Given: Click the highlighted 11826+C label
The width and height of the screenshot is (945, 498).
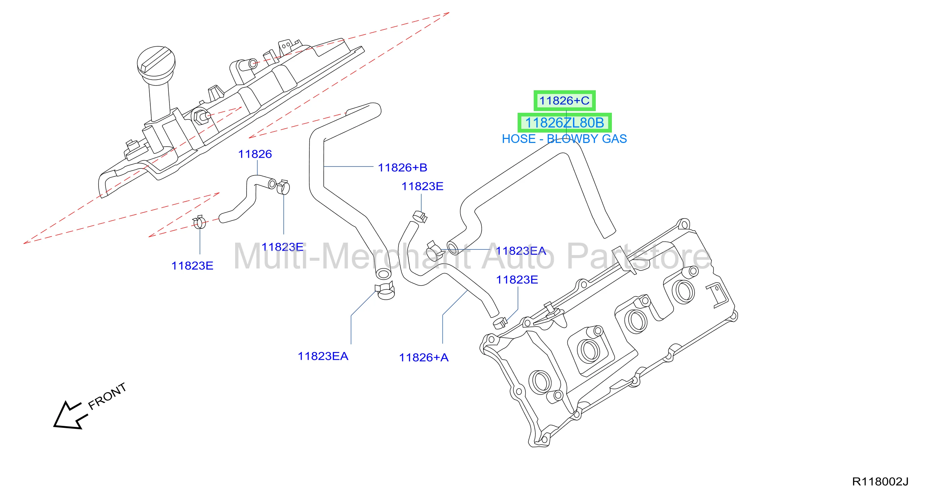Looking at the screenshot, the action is (564, 101).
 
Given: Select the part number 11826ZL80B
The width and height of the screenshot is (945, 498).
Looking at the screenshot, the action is (565, 122).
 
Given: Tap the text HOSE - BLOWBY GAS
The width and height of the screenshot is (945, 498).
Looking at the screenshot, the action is (564, 139).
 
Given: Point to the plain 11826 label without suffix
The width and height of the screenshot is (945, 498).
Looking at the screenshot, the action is (255, 154).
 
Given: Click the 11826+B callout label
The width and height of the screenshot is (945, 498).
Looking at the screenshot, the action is (403, 167).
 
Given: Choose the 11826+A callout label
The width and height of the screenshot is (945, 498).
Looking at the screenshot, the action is (424, 357).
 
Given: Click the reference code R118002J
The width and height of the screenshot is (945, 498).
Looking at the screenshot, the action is (880, 482).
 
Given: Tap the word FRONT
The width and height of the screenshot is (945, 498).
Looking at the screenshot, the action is (107, 396).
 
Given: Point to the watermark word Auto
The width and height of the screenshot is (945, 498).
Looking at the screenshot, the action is (518, 256).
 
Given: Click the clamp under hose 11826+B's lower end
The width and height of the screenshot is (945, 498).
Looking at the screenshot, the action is (385, 290).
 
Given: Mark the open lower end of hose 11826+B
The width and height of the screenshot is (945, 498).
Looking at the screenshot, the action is (383, 274).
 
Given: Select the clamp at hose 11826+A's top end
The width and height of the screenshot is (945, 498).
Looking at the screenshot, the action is (420, 216).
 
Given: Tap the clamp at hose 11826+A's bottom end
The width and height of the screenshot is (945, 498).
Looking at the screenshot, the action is (499, 322).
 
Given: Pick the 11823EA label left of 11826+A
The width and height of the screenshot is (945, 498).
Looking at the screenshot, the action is (323, 356).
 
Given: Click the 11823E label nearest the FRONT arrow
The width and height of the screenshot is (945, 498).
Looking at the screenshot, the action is (192, 265).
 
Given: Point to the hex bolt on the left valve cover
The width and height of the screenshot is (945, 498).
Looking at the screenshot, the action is (200, 116).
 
